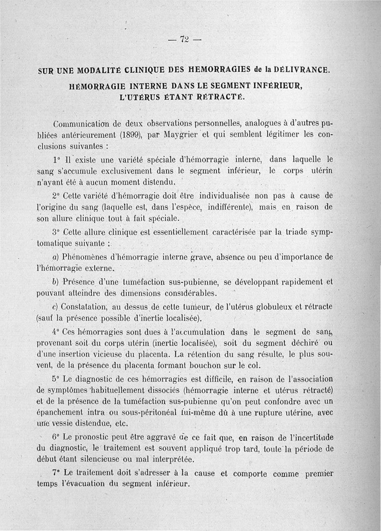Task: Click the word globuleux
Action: tap(275, 306)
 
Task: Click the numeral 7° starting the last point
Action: tap(55, 474)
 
